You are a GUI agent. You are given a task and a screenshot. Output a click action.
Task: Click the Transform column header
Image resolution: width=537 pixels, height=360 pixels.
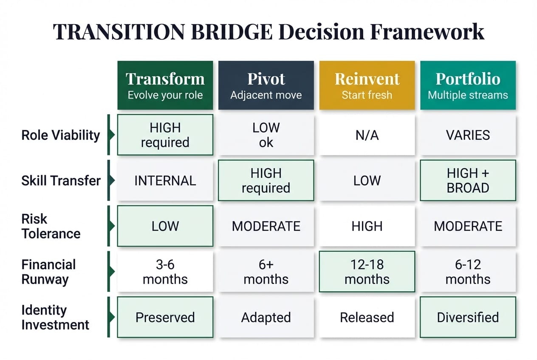tap(165, 85)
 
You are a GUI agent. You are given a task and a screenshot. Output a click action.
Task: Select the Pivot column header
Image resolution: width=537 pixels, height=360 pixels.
tap(266, 85)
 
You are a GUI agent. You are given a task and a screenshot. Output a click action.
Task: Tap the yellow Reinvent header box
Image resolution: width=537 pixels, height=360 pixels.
tap(367, 85)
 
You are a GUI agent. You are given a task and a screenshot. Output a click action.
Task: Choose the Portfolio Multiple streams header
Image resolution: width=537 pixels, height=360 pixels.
tap(468, 85)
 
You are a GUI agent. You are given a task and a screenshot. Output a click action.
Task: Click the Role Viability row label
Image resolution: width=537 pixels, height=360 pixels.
tap(60, 135)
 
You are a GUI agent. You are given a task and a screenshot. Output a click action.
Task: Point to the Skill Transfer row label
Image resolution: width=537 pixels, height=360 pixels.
tap(61, 180)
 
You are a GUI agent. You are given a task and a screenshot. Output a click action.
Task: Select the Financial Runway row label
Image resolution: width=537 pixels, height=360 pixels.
tap(48, 272)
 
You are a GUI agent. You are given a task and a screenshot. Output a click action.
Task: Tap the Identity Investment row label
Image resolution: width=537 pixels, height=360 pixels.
tap(55, 317)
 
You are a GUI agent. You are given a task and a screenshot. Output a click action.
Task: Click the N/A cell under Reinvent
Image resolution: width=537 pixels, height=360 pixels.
tap(367, 135)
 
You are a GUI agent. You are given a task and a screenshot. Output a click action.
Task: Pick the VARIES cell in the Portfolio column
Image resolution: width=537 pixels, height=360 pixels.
tap(468, 135)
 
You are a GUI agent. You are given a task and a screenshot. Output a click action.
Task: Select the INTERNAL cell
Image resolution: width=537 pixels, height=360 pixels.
tap(165, 180)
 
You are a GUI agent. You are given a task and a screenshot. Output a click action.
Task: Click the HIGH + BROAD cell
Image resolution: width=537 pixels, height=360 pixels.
tap(468, 180)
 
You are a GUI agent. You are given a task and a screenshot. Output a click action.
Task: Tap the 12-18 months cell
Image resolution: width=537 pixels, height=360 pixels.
tap(367, 272)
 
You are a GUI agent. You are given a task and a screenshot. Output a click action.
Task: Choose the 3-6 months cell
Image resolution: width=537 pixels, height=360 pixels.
tap(165, 272)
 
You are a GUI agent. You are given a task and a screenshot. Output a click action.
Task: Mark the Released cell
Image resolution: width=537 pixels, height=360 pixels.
tap(367, 317)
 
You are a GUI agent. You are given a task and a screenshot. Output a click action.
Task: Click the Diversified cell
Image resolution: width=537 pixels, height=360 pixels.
tap(468, 317)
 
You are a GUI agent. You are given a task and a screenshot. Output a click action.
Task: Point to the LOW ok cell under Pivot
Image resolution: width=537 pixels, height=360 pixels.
tap(266, 135)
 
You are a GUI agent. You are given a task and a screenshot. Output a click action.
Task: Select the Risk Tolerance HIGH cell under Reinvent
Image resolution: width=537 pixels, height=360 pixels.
tap(367, 226)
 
